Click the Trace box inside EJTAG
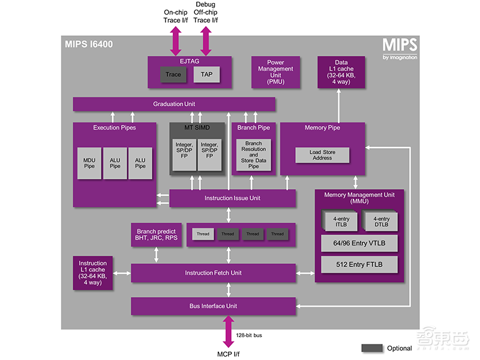173,74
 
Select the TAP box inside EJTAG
206,74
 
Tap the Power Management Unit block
275,72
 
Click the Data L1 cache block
340,72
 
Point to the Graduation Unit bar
174,104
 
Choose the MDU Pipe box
89,163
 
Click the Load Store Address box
322,155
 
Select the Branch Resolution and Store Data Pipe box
253,155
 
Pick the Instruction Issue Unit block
232,198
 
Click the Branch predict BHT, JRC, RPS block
157,235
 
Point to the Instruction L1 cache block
92,272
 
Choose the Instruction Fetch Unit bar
213,273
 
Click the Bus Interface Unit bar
213,306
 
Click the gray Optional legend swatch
372,348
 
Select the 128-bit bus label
249,335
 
